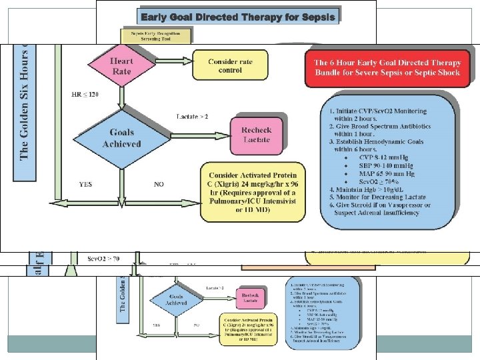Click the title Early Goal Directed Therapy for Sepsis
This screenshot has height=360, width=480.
click(238, 15)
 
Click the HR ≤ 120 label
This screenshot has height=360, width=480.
click(85, 95)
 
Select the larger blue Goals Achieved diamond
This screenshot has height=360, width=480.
click(122, 138)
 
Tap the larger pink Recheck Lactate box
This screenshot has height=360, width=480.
click(257, 130)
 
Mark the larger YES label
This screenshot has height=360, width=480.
click(86, 183)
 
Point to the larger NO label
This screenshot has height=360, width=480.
click(159, 183)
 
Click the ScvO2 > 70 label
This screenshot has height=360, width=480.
click(102, 257)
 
